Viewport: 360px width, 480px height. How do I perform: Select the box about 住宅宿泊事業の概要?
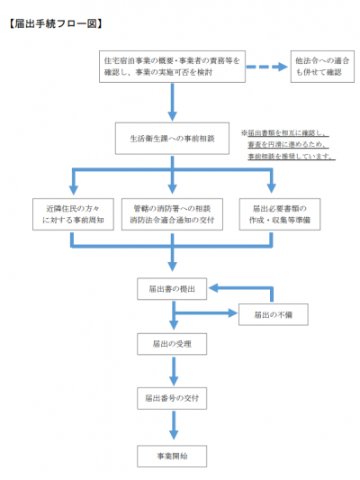(x=173, y=67)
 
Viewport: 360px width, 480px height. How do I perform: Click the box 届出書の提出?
(x=172, y=289)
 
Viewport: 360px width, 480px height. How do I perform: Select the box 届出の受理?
(x=172, y=343)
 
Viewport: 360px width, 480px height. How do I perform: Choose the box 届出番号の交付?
(x=172, y=397)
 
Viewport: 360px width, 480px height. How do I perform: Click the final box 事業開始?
(x=172, y=457)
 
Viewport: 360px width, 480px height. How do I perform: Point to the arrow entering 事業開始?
(x=172, y=428)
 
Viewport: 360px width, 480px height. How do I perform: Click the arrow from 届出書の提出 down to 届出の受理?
(x=172, y=320)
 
